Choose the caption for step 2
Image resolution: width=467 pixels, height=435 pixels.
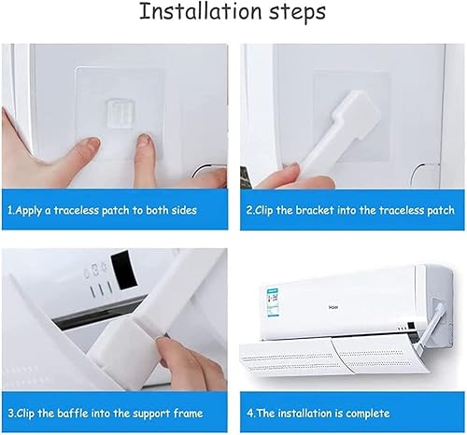coord(351,211)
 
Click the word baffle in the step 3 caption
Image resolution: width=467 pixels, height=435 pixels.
coord(79,413)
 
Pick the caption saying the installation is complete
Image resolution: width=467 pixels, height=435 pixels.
coord(318,413)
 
